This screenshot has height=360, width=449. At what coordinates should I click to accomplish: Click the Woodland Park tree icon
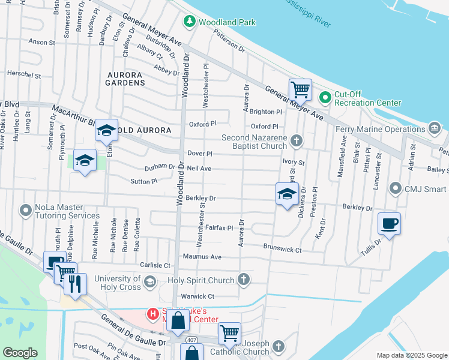click(190, 22)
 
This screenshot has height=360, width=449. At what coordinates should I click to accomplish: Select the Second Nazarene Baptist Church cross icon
click(295, 140)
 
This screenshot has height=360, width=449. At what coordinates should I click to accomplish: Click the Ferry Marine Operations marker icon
click(434, 128)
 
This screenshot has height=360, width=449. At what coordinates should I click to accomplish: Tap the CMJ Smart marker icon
click(395, 190)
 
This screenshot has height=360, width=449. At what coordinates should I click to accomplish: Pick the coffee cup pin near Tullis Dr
click(389, 224)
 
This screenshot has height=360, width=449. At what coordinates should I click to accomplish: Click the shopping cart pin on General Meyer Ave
click(300, 90)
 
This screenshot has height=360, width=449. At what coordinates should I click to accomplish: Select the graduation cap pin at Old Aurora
click(106, 130)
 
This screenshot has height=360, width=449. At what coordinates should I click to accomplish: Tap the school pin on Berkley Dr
click(288, 194)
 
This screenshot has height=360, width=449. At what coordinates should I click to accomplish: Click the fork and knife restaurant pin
click(75, 284)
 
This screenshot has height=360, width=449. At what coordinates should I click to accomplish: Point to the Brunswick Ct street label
click(282, 247)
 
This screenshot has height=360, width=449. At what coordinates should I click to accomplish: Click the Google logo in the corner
click(20, 353)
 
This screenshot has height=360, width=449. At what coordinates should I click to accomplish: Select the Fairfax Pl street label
click(219, 228)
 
